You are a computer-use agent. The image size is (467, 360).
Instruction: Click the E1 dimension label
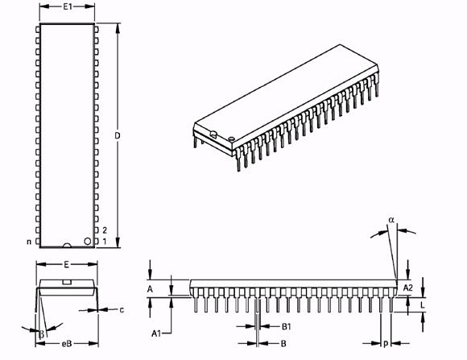(x=68, y=6)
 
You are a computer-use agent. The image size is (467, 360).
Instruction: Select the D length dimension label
(x=118, y=135)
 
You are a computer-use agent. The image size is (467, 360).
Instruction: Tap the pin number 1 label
(x=105, y=241)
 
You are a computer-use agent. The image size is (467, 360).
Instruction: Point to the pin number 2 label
(x=105, y=230)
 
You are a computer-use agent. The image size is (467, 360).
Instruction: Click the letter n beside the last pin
(x=29, y=242)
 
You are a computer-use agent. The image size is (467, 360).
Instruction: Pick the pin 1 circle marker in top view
(x=88, y=241)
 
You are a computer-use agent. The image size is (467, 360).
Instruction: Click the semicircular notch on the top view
(x=67, y=246)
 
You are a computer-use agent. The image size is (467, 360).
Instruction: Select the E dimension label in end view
(x=66, y=264)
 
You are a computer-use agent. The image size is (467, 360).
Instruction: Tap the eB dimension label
(x=67, y=344)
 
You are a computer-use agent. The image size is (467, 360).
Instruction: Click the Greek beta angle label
(x=42, y=334)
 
